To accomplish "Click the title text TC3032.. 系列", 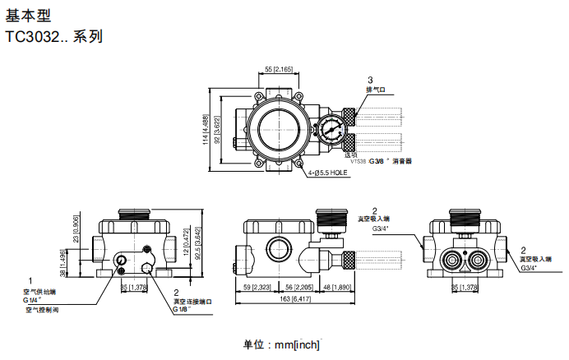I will [x=54, y=37].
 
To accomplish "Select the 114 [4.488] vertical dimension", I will [x=205, y=130].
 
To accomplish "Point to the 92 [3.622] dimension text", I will [x=217, y=130].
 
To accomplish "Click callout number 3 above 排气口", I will [x=370, y=79].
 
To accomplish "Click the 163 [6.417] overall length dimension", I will [x=295, y=301].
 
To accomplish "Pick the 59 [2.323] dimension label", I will [x=258, y=287].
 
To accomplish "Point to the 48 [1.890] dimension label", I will [x=337, y=287].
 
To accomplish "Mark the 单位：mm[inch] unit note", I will [x=281, y=345].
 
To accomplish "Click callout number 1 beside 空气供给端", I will [x=30, y=281].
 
